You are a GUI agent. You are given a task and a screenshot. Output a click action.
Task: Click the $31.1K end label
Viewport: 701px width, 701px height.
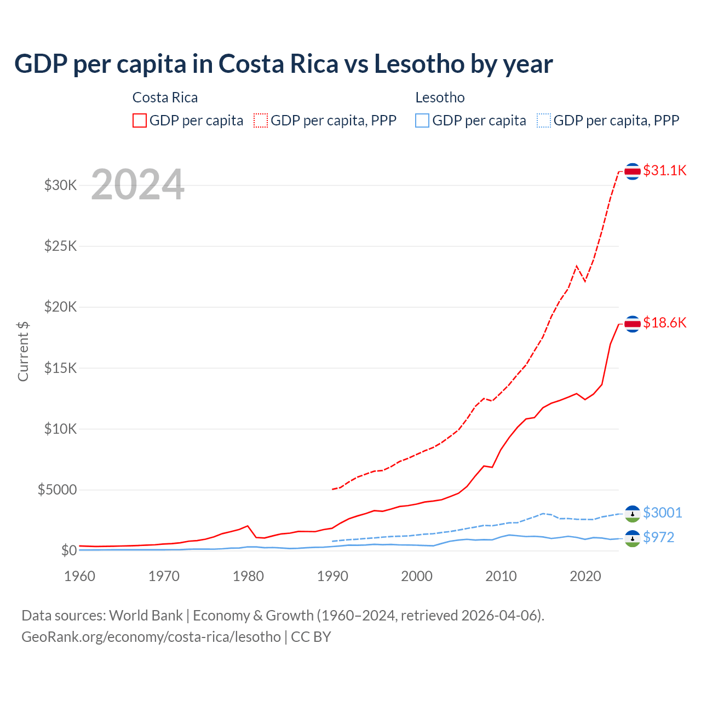coord(664,170)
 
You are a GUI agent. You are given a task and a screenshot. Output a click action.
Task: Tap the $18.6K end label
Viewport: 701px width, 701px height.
coord(664,323)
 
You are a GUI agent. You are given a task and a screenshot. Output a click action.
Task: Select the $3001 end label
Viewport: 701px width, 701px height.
coord(662,513)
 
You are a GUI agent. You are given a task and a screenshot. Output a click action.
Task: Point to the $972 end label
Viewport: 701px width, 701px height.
coord(658,537)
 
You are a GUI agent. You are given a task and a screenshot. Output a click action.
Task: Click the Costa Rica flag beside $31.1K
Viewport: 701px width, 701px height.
coord(633,171)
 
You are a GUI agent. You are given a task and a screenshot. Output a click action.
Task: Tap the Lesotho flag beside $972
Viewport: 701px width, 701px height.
coord(633,538)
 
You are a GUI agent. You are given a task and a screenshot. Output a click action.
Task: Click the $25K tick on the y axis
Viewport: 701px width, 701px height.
coord(61,246)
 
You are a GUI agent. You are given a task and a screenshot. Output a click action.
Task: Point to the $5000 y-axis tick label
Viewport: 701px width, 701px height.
coord(58,490)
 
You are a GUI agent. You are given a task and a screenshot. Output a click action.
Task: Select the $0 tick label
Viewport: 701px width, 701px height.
coord(68,550)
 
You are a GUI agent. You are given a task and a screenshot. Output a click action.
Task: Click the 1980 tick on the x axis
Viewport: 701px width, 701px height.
coord(249,576)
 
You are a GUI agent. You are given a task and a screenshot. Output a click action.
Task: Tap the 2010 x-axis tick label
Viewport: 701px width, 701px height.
coord(501,576)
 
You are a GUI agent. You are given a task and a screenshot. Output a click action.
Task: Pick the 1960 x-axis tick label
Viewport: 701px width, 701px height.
coord(80,576)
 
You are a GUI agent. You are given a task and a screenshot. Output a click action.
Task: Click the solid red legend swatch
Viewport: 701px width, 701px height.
coord(140,120)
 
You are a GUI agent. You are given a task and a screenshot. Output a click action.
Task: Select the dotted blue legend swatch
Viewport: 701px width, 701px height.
coord(544,120)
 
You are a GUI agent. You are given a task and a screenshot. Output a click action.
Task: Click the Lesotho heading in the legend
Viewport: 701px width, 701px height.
coord(440,97)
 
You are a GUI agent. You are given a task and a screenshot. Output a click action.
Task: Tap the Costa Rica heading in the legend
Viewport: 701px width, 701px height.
coord(165,97)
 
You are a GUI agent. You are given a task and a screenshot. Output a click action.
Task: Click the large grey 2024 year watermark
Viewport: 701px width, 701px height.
coord(137,185)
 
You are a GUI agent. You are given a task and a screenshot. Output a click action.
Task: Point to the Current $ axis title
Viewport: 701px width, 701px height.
coord(23,352)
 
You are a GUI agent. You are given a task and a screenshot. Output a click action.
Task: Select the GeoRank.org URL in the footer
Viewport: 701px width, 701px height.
coord(151,637)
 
